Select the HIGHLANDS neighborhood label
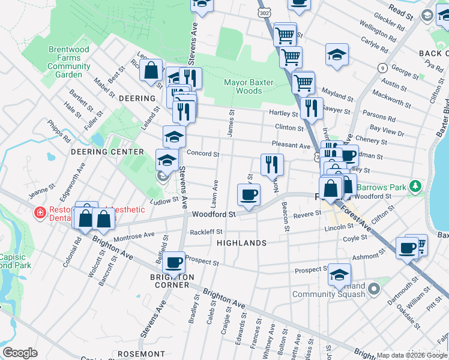coord(241,243)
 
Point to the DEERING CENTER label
coord(107,152)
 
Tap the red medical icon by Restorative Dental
coord(40,213)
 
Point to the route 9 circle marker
coord(382,68)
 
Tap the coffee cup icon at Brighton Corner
coord(174,262)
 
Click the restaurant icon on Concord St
coord(272,164)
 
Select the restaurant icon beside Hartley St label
coord(311,108)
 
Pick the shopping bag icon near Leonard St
coord(151,70)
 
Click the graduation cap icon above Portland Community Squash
coord(339,274)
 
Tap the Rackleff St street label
coord(206,232)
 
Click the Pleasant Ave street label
coord(291,145)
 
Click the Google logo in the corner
coord(20,353)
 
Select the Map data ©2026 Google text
coord(411,355)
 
